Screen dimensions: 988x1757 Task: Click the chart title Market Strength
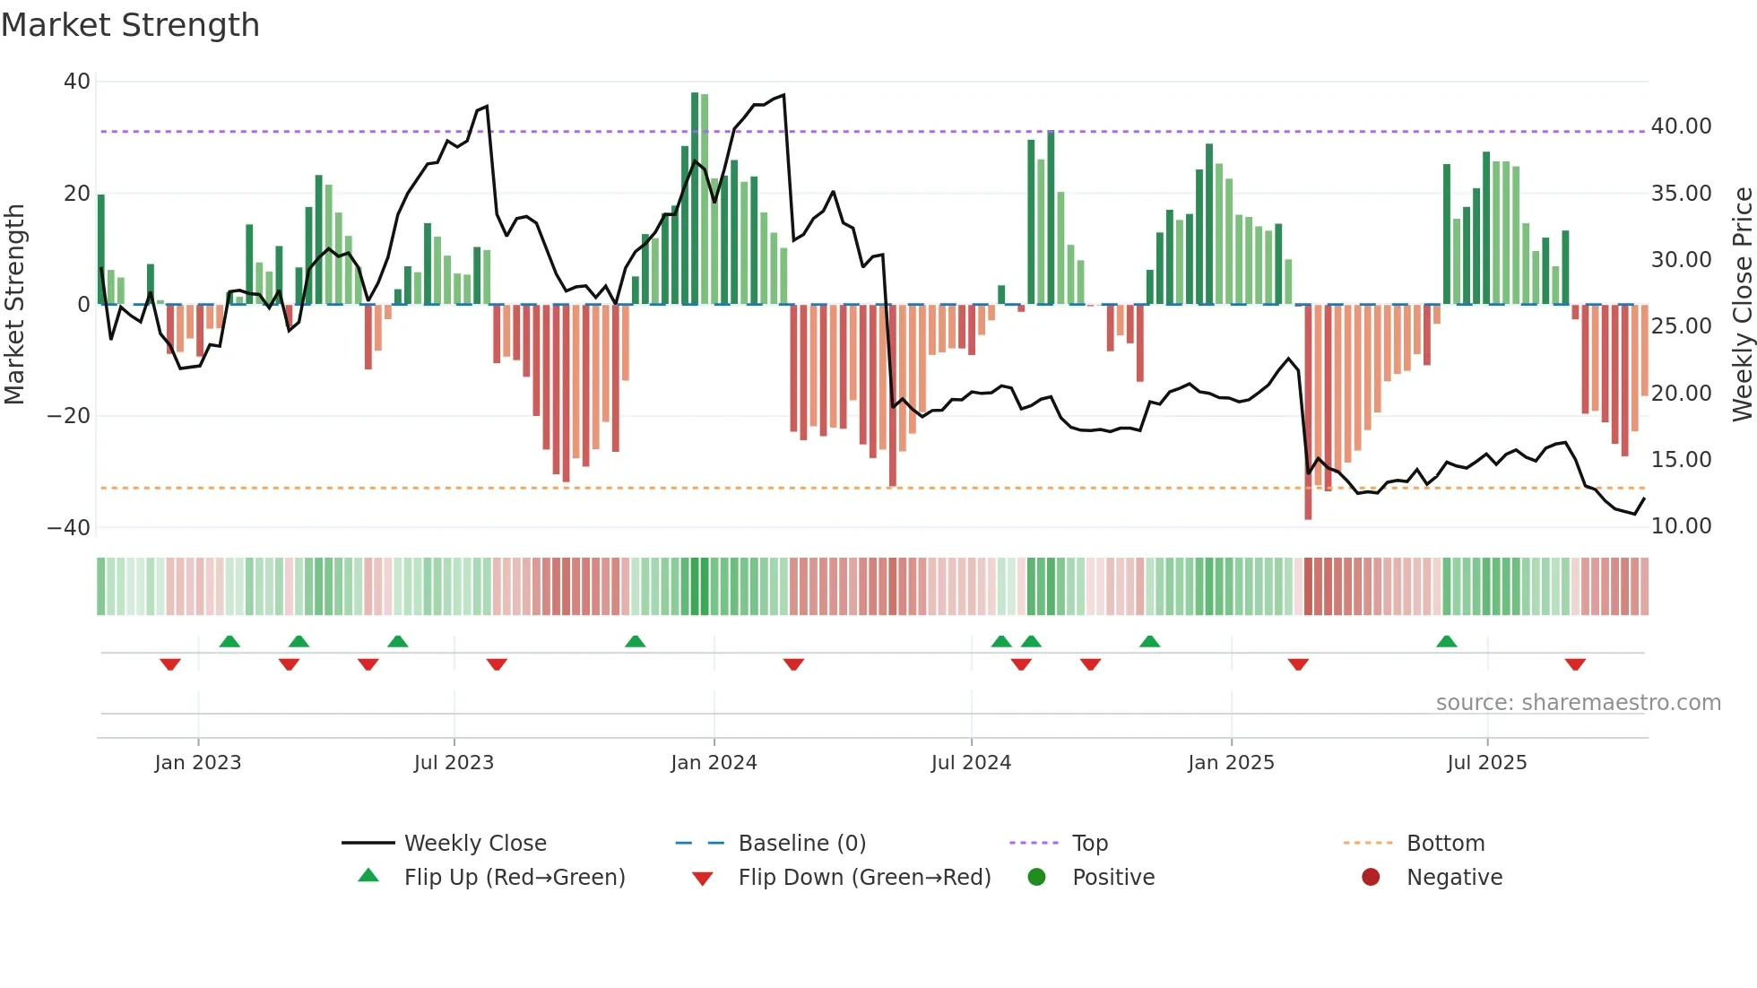(130, 25)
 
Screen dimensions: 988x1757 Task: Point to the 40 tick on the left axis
(77, 82)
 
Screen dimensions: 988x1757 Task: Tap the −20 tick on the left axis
(69, 416)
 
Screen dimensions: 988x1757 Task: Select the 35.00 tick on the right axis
(1681, 194)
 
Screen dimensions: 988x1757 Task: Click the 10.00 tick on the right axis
(1681, 526)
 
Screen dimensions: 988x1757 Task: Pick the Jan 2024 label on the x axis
(714, 763)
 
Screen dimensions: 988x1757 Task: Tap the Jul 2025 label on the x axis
(1486, 763)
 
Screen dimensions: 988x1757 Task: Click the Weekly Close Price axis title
(1742, 304)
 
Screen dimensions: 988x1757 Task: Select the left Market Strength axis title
(15, 304)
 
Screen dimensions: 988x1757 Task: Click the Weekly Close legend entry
(474, 844)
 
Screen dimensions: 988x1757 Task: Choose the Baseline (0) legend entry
(801, 844)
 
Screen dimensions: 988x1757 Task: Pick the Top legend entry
(1089, 844)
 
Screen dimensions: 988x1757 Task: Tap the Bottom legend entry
(1445, 844)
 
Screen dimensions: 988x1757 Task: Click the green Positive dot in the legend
(1036, 878)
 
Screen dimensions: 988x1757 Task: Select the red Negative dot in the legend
(1371, 878)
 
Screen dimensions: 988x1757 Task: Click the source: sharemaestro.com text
(1578, 703)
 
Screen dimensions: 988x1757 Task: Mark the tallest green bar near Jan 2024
(695, 197)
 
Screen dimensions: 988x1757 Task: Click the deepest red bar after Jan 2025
(1308, 412)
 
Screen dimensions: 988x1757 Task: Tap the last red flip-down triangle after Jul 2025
(1575, 664)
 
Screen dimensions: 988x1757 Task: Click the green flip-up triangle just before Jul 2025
(1446, 641)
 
